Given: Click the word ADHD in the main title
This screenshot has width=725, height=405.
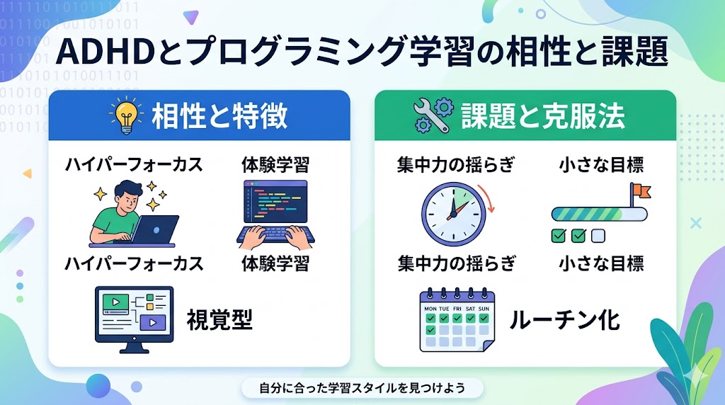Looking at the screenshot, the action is click(x=105, y=51).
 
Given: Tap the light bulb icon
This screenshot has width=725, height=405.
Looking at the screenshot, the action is click(x=126, y=115).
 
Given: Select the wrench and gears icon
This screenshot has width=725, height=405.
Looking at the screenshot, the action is click(x=432, y=115).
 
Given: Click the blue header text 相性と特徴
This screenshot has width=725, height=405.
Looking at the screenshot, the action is click(x=219, y=115).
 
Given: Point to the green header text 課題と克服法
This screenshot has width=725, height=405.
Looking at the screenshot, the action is click(x=543, y=115).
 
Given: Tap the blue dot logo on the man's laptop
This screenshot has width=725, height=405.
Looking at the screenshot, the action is click(x=156, y=230).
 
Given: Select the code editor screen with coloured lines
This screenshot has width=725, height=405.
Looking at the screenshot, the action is click(x=275, y=202).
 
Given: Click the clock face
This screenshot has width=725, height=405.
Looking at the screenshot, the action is click(x=453, y=214).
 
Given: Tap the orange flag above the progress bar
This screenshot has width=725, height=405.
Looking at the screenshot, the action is click(x=642, y=190).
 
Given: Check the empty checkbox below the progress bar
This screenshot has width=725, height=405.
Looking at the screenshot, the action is click(x=598, y=236).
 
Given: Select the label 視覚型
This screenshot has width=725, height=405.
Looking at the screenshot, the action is click(x=219, y=319).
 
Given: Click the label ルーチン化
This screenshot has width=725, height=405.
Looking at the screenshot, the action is click(x=564, y=319).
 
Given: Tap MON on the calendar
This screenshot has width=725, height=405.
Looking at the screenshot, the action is click(x=430, y=309).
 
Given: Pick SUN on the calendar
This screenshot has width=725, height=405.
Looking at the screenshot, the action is click(x=484, y=309).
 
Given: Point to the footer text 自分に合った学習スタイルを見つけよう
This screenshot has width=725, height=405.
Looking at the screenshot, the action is click(x=362, y=387).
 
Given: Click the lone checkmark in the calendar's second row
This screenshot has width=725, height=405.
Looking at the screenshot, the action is click(x=430, y=330).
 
